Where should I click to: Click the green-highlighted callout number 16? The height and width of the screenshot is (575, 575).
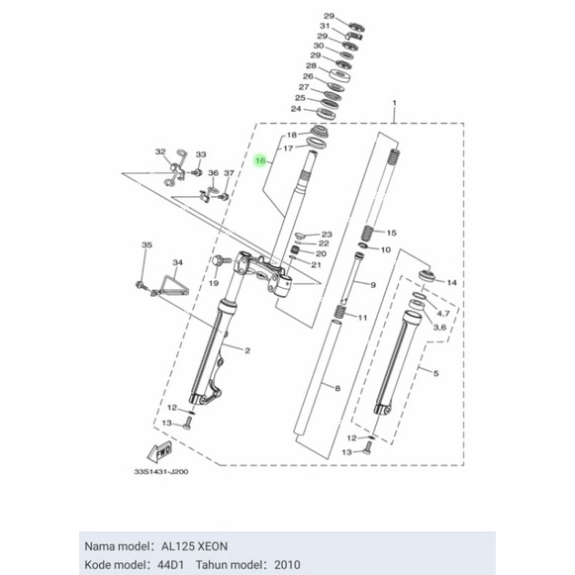pos(261,158)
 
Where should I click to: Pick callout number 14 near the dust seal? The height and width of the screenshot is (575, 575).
pos(452,283)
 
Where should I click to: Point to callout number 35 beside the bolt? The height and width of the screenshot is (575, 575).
pos(146,244)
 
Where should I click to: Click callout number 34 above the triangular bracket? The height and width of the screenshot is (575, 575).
pos(178,262)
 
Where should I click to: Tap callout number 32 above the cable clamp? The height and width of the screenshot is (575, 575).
pos(160,151)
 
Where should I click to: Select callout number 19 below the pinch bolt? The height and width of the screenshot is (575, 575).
pos(213,283)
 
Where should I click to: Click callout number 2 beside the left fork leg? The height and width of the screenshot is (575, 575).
pos(247,351)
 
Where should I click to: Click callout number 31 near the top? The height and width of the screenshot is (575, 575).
pos(324,27)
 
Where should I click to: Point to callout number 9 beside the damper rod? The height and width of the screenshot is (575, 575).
pos(373,284)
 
